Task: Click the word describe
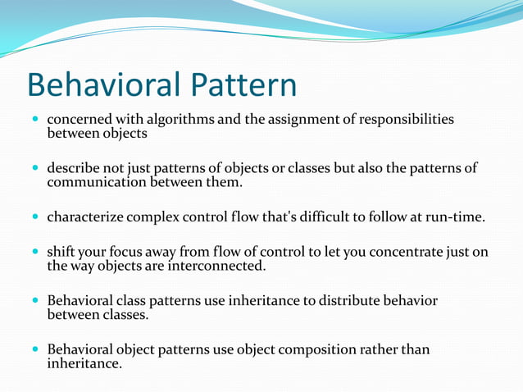[x=73, y=168]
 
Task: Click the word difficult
[x=353, y=217]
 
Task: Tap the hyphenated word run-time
[x=457, y=217]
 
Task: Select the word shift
[x=61, y=253]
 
